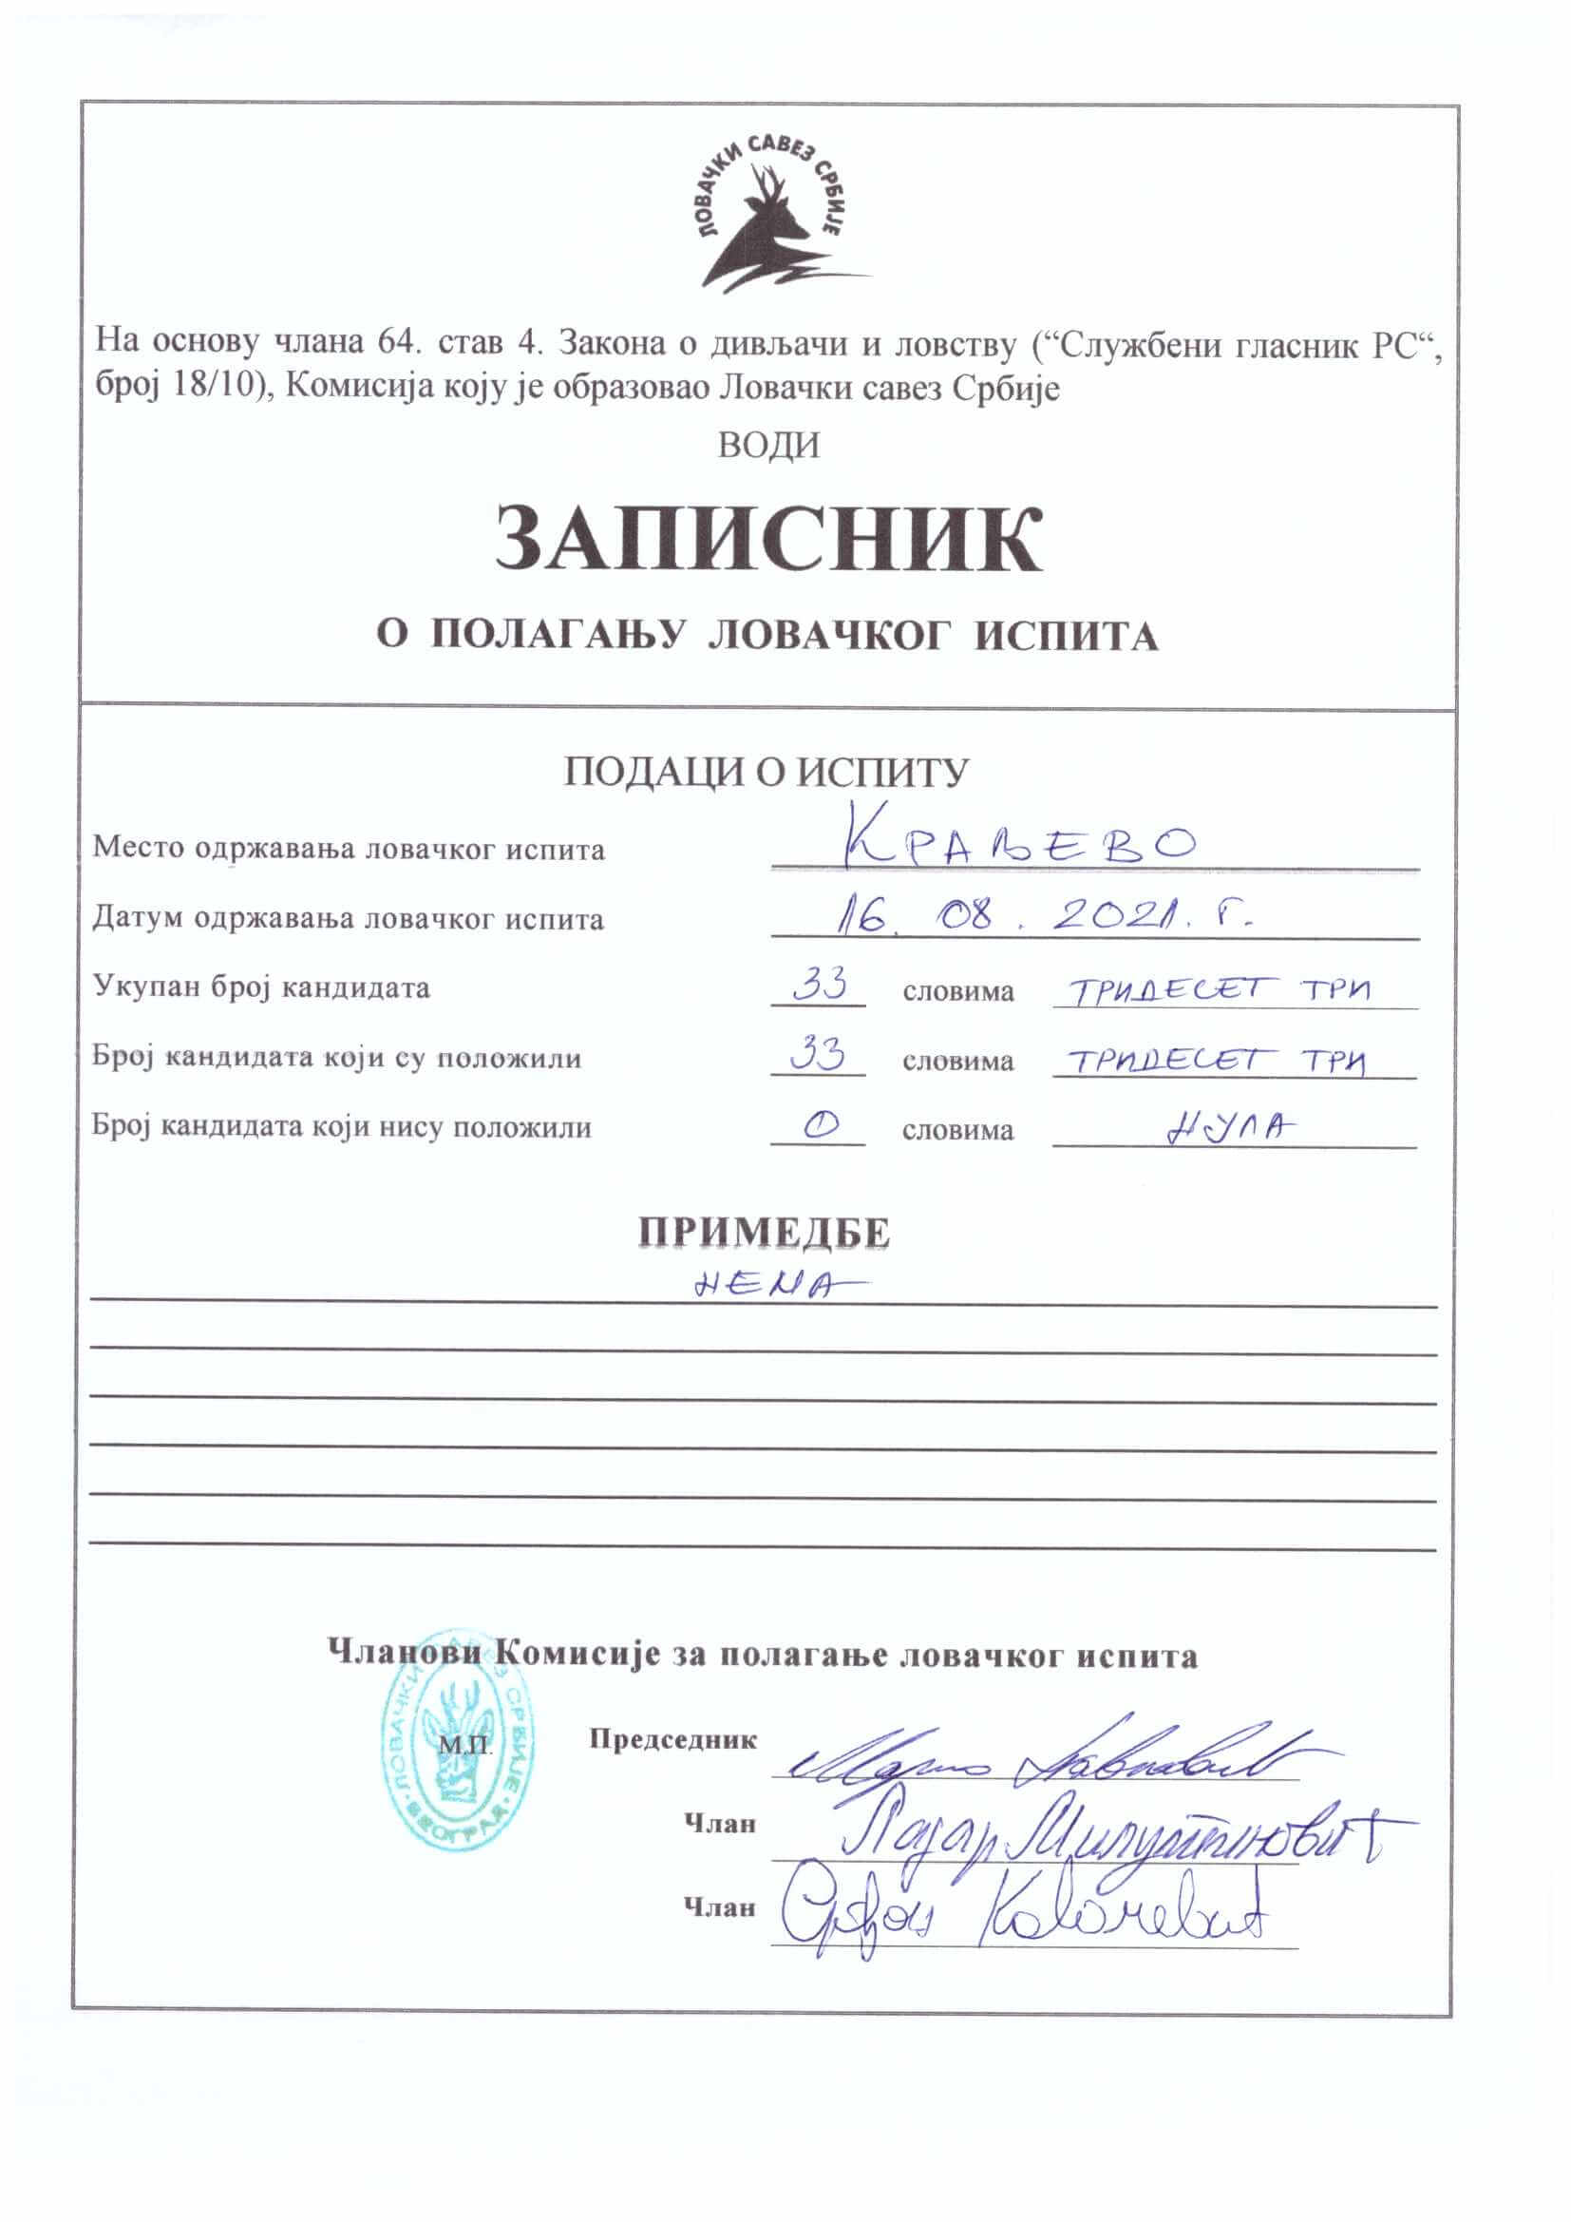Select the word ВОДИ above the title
point(769,445)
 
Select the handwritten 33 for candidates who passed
point(819,1053)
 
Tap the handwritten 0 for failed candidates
point(819,1123)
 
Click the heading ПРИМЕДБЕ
point(765,1232)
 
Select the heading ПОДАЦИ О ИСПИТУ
point(767,772)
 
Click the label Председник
point(673,1739)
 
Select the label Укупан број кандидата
point(261,987)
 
